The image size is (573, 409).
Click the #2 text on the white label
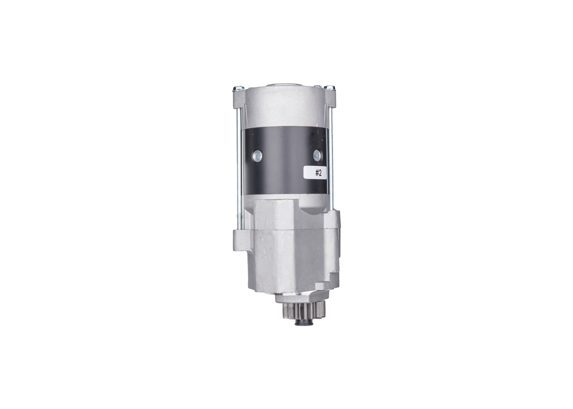coord(318,173)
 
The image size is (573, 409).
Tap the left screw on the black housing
coord(257,156)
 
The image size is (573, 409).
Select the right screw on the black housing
coord(317,155)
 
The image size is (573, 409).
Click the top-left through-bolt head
coord(238,88)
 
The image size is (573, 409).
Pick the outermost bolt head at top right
coord(330,88)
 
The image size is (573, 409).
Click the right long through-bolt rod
coord(331,157)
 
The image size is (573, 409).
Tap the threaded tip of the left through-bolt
coord(240,222)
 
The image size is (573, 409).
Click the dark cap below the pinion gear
coord(304,322)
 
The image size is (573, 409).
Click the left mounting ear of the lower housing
coord(240,240)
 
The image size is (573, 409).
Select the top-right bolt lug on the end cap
coord(330,98)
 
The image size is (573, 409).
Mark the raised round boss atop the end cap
coord(284,84)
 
